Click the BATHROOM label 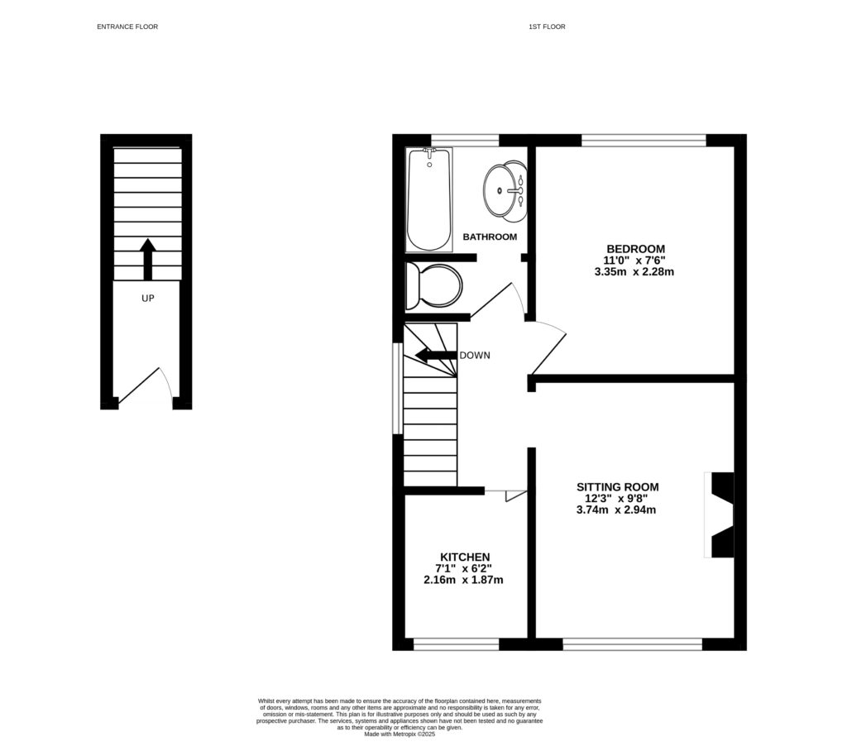[490, 237]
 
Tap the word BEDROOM [635, 248]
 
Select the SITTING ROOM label [618, 487]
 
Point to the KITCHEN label [465, 557]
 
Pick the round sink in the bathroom [504, 191]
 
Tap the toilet [433, 286]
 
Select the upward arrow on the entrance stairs [148, 259]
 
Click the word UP [148, 298]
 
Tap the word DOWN [475, 356]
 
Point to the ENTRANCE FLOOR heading [127, 27]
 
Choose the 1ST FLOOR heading [547, 27]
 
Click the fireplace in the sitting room [721, 514]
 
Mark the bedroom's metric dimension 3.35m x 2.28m [635, 271]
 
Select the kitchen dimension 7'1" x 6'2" [465, 568]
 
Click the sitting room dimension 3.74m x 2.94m [618, 510]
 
